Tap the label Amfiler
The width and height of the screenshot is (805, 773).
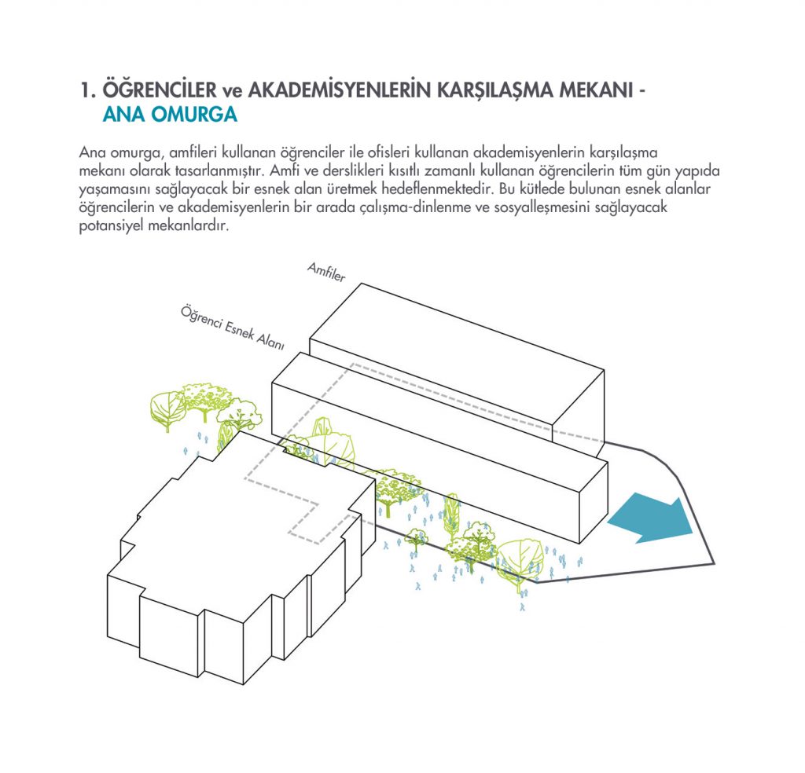point(326,272)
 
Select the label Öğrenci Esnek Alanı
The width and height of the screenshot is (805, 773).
point(232,328)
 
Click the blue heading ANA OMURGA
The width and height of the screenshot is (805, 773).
point(170,114)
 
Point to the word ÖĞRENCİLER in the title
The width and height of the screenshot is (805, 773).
point(160,90)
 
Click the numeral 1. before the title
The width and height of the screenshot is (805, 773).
point(88,90)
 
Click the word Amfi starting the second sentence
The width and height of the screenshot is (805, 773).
point(282,170)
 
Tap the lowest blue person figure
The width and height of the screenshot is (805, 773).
point(523,607)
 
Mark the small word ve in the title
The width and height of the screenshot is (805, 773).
point(232,92)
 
